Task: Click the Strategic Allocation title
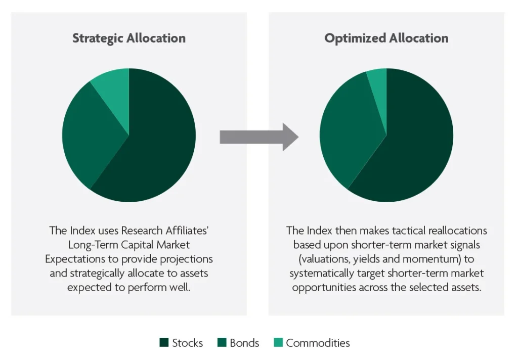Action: tap(129, 38)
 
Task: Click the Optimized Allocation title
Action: tap(386, 38)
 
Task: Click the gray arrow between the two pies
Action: tap(259, 137)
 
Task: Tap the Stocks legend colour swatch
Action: tap(164, 342)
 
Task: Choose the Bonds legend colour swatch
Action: tap(222, 342)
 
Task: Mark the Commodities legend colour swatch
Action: tap(279, 342)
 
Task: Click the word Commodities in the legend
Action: tap(318, 343)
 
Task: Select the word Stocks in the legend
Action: tap(187, 343)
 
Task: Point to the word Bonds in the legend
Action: tap(244, 343)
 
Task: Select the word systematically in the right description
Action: tap(322, 274)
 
